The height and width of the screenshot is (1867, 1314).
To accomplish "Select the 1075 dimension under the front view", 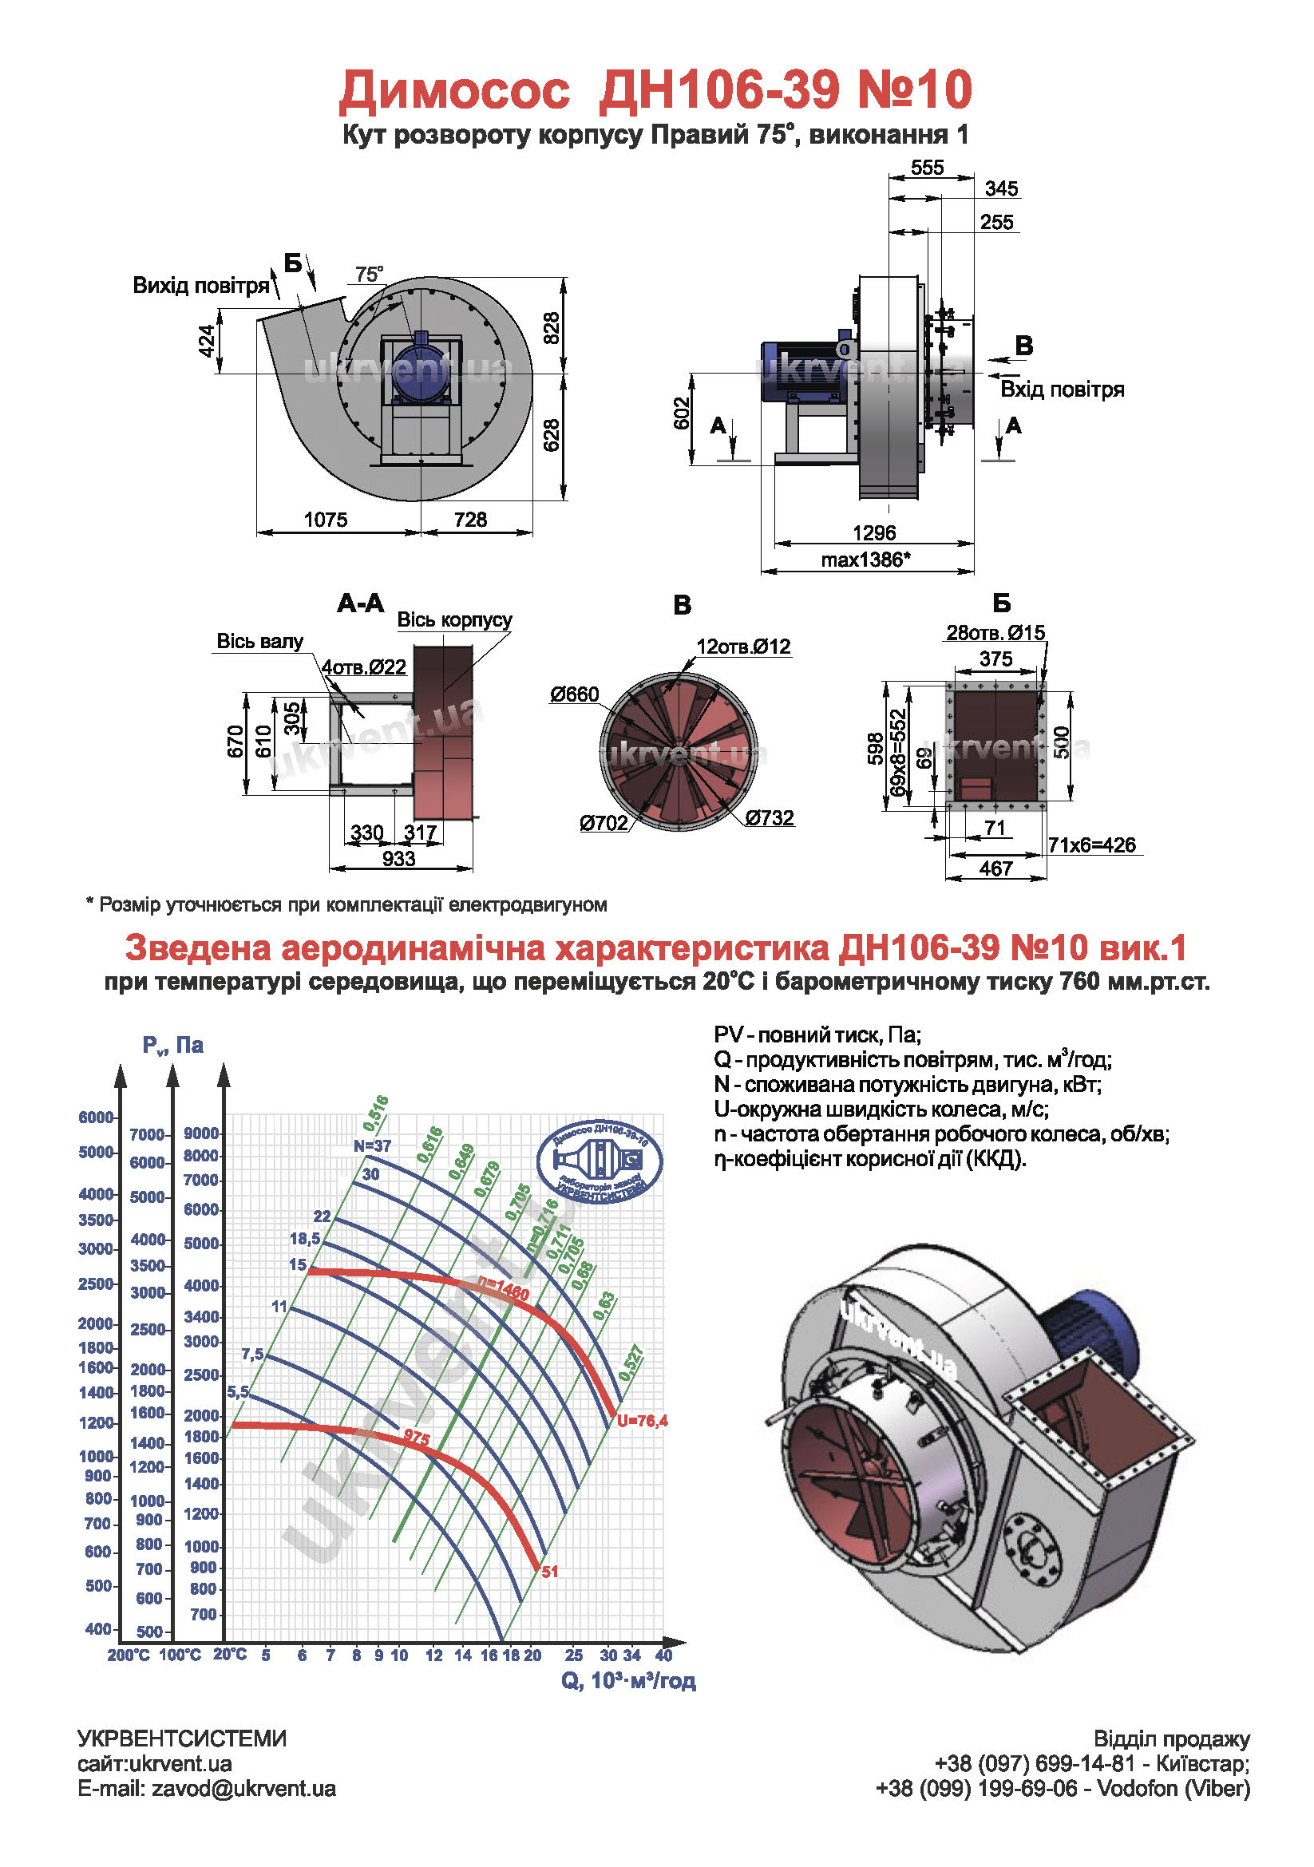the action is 325,520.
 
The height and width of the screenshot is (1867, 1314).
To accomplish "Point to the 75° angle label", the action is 369,274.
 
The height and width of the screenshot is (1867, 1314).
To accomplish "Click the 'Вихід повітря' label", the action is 201,286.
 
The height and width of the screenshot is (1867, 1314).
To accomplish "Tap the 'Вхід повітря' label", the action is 1062,390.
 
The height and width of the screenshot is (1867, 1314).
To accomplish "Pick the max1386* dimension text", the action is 865,560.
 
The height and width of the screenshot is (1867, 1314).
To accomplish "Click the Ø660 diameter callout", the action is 574,694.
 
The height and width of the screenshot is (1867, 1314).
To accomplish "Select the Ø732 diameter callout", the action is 770,817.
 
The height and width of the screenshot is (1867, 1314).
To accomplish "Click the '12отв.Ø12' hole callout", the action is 743,647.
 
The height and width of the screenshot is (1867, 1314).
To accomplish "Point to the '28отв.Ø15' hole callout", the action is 995,633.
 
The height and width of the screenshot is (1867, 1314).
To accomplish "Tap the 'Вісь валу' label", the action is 259,642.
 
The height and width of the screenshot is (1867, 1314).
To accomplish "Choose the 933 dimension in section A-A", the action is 398,859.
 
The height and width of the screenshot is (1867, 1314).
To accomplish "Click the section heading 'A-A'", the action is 360,603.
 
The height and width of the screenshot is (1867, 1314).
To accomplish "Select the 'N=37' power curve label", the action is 373,1145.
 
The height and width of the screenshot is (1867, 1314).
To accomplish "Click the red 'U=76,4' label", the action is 643,1421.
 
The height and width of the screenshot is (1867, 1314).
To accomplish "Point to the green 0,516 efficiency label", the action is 376,1113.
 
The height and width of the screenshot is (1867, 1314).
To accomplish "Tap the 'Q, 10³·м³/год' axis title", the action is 628,1681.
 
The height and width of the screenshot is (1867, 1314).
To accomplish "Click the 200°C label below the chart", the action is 129,1655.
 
